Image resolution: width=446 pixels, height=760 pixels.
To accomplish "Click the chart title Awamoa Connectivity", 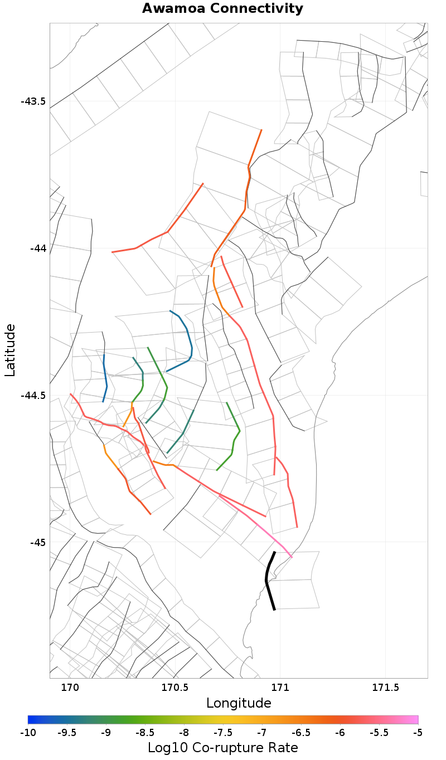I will (x=222, y=9).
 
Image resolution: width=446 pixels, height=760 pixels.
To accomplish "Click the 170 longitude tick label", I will (x=70, y=688).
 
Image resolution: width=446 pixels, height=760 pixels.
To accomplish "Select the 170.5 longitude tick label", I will (x=175, y=688).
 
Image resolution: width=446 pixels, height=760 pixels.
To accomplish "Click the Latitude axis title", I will (x=11, y=350).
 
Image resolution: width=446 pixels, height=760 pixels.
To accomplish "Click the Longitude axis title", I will (x=239, y=703).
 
